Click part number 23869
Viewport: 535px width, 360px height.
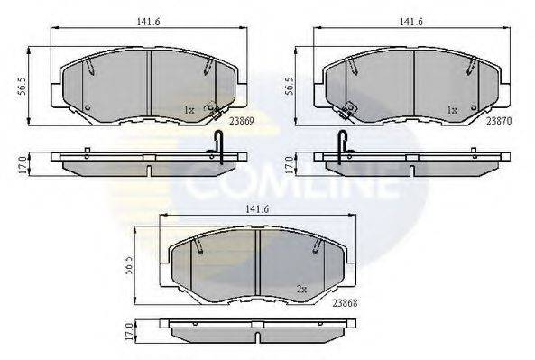242,121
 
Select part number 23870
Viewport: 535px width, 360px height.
499,121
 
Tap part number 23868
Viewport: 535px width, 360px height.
346,302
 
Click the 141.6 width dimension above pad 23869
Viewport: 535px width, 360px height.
149,22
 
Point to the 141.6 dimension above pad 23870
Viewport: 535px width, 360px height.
411,22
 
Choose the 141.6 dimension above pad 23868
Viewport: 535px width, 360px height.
257,209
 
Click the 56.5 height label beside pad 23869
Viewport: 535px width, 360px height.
22,87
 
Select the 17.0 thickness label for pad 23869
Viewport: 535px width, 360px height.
23,165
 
